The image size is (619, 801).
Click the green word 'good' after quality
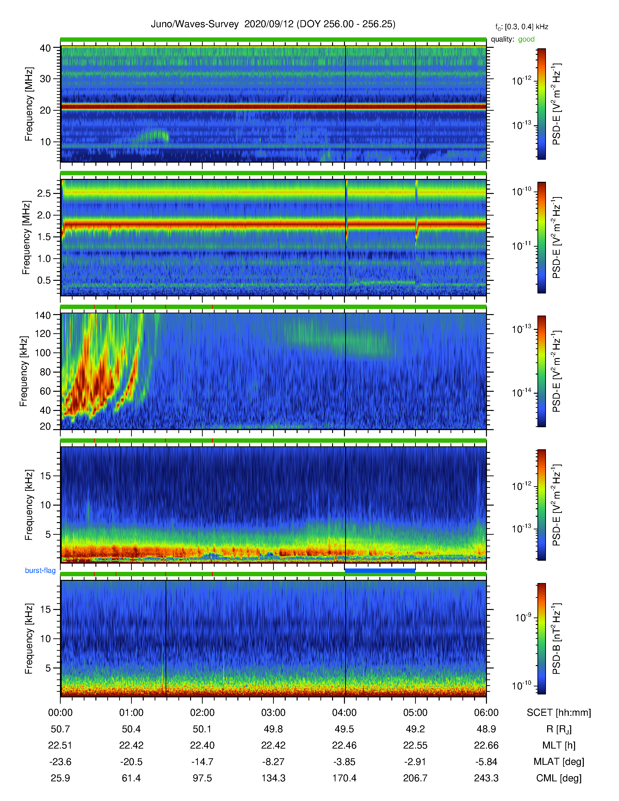526,39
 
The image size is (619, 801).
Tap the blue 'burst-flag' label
40,570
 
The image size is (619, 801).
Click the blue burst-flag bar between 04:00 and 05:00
380,570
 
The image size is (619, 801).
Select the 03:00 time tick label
273,713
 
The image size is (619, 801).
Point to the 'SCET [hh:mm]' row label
559,713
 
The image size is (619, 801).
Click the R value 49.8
273,729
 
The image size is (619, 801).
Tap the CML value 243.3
486,778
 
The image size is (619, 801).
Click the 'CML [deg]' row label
559,778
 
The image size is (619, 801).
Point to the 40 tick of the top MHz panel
45,48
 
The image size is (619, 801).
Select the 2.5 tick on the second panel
44,193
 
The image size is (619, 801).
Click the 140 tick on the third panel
42,315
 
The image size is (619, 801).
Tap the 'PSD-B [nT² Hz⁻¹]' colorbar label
556,639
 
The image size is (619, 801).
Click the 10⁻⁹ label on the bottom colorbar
523,618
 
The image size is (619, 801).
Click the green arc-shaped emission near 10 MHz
153,136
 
